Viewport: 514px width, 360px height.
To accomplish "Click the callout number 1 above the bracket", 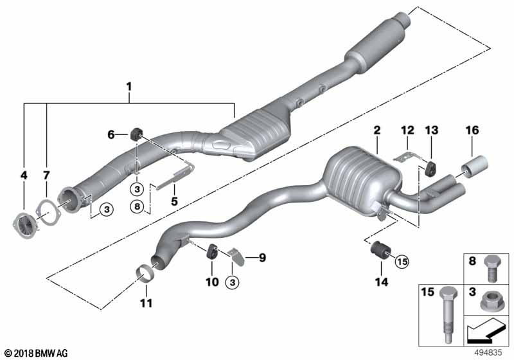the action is tap(129, 87).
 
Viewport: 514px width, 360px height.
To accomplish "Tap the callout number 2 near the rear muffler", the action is tap(377, 130).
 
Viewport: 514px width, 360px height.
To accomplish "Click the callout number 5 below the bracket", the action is tap(174, 201).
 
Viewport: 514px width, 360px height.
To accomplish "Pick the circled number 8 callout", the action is tap(137, 206).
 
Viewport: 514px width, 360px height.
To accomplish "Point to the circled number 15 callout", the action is tap(402, 261).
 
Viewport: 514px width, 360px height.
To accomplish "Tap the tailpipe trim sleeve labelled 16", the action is tap(474, 167).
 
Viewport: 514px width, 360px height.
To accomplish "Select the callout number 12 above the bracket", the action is tap(407, 130).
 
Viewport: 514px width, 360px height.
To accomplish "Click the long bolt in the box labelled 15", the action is tap(448, 313).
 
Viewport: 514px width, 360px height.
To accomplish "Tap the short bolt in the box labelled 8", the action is tap(491, 269).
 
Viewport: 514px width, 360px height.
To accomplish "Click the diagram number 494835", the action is tap(488, 353).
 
